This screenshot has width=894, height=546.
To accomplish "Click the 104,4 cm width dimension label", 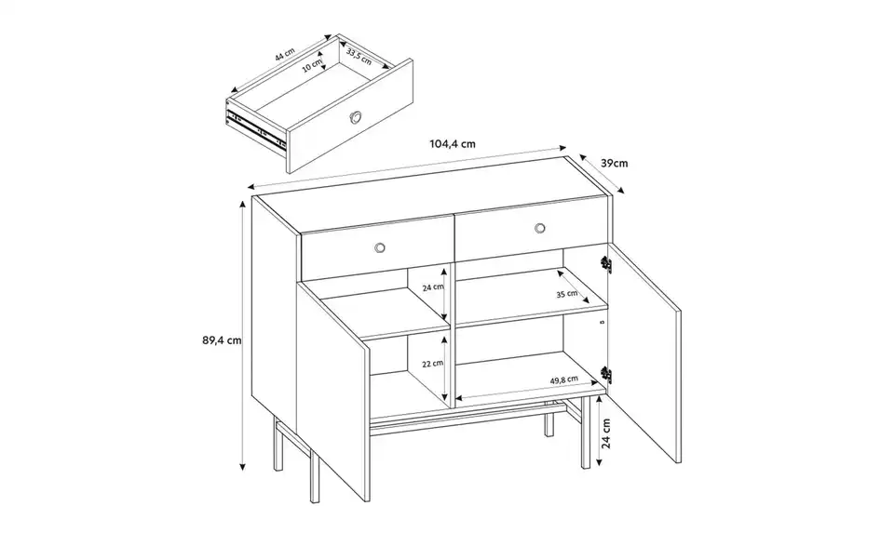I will [x=453, y=144].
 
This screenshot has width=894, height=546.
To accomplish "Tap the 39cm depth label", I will [x=612, y=163].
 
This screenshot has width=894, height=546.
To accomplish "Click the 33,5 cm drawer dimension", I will [x=358, y=57].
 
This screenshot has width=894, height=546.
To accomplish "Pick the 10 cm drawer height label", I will [x=311, y=68].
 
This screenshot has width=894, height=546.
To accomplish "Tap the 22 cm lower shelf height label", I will [x=431, y=365].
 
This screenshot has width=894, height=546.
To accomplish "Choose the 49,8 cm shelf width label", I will [x=563, y=380].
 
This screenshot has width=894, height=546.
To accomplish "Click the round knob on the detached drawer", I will [x=358, y=117].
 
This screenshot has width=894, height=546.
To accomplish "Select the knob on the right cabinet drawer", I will [x=539, y=228].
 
